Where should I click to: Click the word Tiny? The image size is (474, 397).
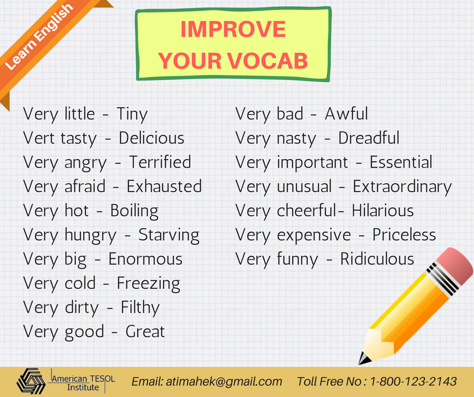coord(132,114)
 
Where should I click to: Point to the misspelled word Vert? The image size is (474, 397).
coord(39,138)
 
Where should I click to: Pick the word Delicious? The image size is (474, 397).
coord(151,138)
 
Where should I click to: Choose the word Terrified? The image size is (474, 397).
coord(160,162)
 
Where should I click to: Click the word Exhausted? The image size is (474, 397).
coord(164,186)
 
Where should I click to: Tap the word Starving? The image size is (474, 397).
coord(169,235)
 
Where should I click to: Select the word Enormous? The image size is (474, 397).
coord(145,259)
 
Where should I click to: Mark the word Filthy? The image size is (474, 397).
coord(140,307)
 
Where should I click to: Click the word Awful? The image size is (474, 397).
coord(346,114)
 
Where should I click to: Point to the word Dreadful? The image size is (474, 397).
coord(369,138)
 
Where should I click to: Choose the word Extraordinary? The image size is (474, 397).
coord(402,187)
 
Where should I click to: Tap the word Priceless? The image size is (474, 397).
coord(404,235)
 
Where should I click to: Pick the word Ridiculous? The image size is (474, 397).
coord(377,259)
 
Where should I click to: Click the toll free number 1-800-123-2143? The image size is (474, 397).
coord(413,381)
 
